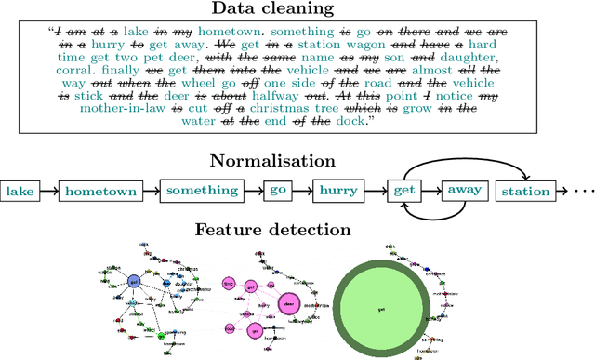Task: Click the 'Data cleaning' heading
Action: click(297, 9)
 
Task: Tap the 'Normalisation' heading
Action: click(297, 160)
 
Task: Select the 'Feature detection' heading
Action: click(297, 229)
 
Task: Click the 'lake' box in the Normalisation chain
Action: click(20, 192)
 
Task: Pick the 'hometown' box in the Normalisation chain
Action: click(99, 192)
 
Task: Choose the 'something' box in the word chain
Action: click(202, 192)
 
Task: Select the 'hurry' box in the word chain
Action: click(339, 192)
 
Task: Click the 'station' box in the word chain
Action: click(525, 192)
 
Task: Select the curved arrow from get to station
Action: click(465, 159)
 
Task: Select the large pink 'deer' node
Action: click(288, 302)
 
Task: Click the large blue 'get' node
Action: click(134, 281)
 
